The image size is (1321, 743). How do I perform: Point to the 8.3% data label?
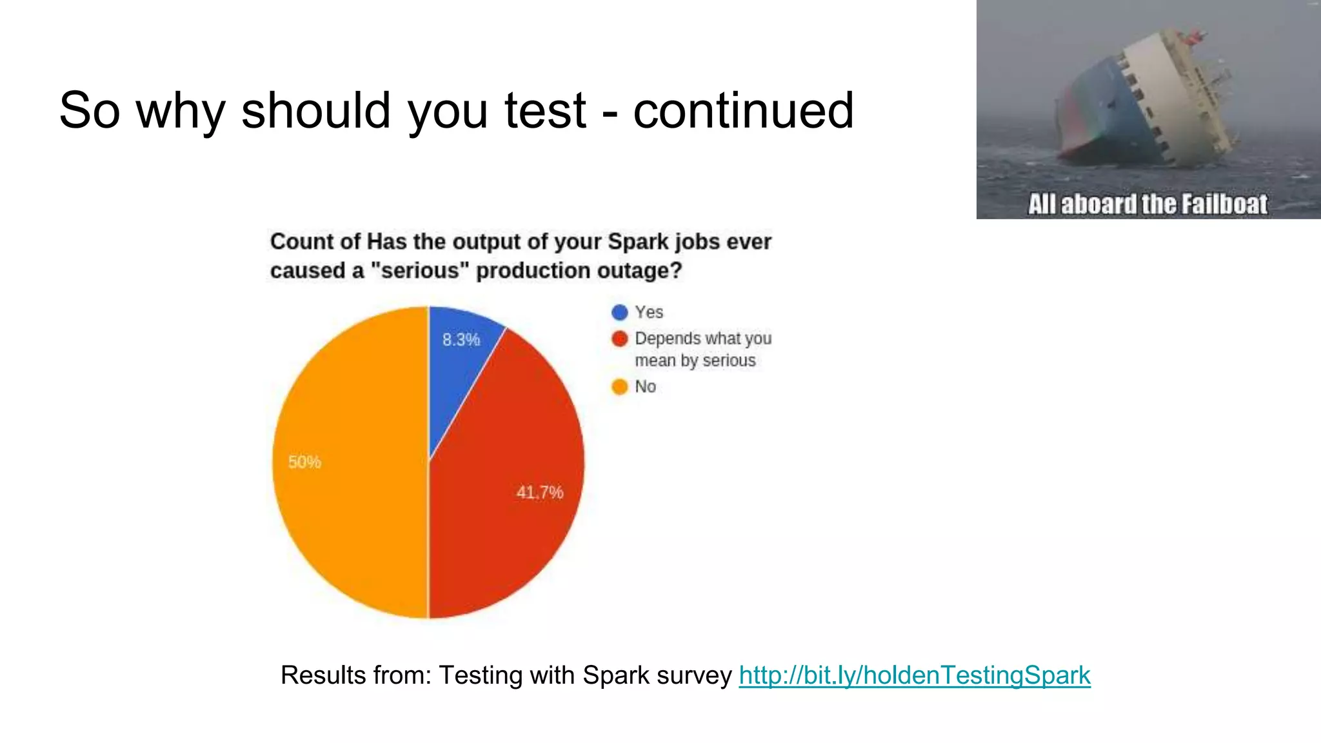coord(461,340)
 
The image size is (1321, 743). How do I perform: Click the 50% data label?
coord(304,462)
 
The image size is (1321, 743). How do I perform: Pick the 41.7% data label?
coord(540,493)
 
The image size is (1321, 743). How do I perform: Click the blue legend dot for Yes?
coord(619,312)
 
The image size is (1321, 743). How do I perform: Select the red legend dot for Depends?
coord(619,339)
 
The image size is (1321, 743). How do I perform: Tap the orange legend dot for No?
coord(619,387)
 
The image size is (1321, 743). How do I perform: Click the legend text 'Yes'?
coord(649,312)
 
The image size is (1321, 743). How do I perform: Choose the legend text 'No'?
coord(645,387)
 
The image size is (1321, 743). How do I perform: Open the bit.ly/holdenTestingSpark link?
coord(915,675)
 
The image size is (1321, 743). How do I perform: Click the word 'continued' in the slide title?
coord(743,110)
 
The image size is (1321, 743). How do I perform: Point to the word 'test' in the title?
coord(545,110)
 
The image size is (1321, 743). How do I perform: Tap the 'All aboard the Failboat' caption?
coord(1147,204)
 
